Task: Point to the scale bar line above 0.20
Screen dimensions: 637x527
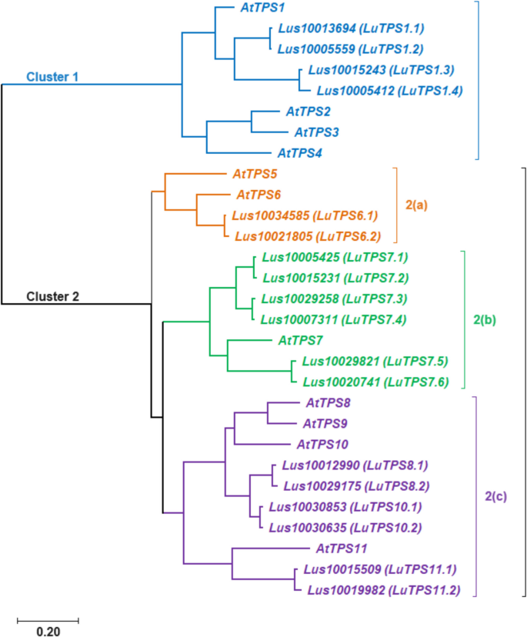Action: coord(47,618)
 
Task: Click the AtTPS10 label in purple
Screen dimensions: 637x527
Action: coord(323,444)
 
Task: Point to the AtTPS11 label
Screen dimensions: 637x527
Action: coord(341,549)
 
